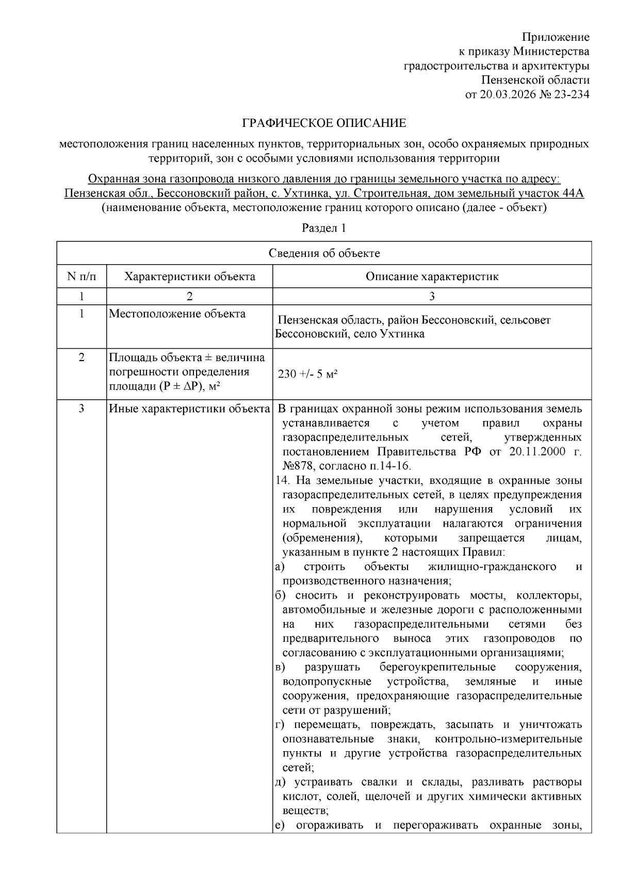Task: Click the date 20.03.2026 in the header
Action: pos(506,94)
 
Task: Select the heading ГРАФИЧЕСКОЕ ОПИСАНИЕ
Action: pos(324,123)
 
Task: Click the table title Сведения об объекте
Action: pos(324,253)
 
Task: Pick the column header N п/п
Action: pos(82,277)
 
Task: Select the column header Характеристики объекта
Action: pos(189,277)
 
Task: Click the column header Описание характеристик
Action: pos(432,277)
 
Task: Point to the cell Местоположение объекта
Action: pos(177,314)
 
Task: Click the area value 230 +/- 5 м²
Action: pos(307,374)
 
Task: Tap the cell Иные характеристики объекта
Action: pos(189,409)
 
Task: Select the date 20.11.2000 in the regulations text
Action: pos(529,452)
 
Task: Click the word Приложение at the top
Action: pos(556,37)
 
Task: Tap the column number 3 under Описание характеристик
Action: pos(432,296)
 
